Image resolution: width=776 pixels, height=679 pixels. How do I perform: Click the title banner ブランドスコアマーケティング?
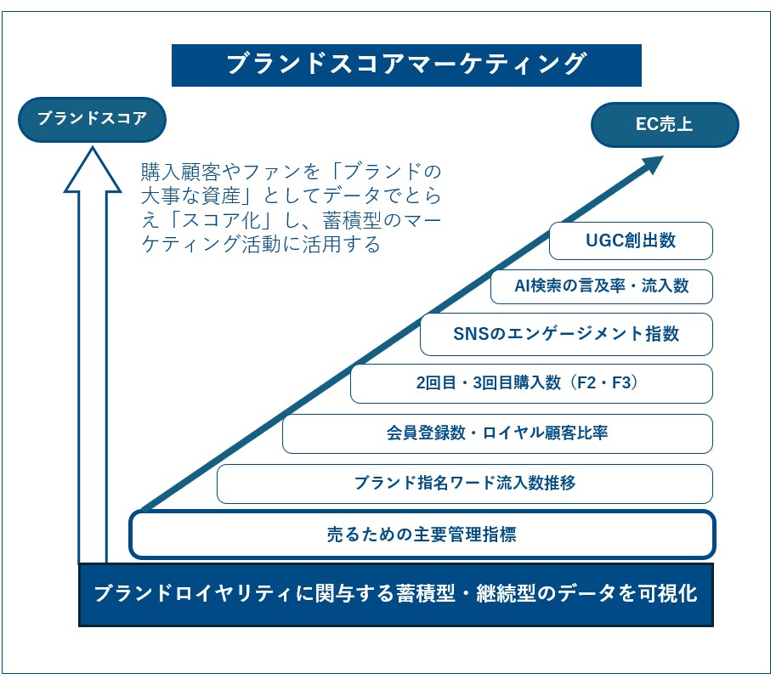[406, 65]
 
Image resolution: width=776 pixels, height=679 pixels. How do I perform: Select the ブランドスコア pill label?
[92, 119]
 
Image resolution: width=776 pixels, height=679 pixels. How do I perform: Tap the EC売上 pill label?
[665, 125]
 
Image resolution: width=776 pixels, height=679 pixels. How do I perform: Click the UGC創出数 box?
[631, 240]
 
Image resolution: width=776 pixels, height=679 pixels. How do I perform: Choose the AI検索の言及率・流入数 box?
[601, 286]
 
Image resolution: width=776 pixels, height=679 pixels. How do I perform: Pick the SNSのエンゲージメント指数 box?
[566, 334]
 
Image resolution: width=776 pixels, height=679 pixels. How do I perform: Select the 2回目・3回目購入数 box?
[531, 383]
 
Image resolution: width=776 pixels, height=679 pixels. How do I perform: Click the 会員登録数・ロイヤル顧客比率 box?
[497, 433]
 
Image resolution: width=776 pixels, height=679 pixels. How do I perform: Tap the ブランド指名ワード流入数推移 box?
[464, 484]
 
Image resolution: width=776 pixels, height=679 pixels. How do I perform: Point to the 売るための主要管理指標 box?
[422, 535]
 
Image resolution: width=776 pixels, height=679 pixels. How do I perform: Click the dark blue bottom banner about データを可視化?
[395, 594]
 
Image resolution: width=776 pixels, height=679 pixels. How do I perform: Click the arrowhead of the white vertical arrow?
[93, 170]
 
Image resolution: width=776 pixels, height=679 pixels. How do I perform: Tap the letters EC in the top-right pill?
[647, 125]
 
